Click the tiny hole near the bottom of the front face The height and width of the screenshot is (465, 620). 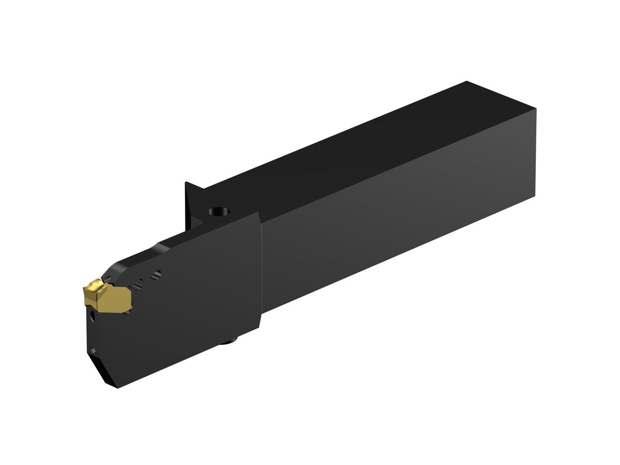pos(93,351)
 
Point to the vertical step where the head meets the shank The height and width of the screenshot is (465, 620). pos(261,269)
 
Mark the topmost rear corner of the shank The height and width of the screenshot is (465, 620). pos(467,82)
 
